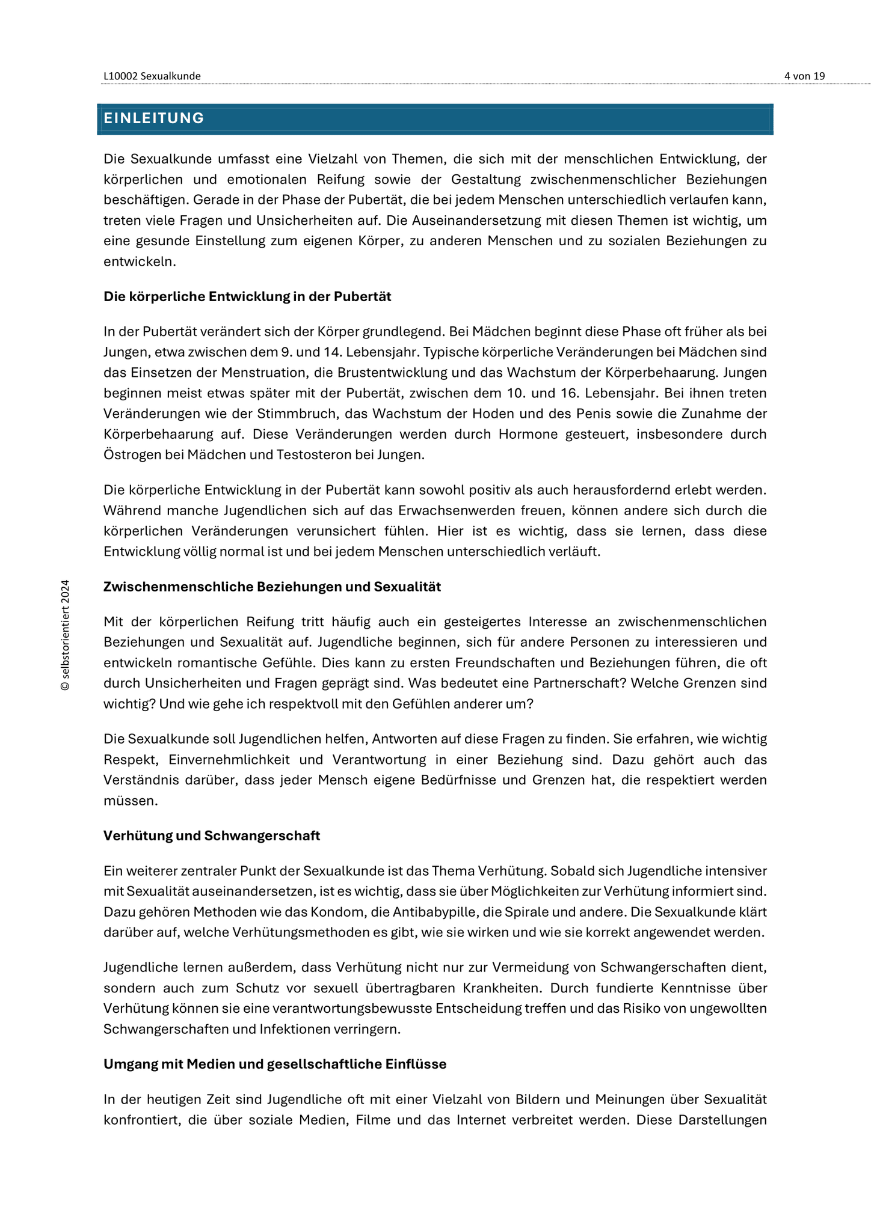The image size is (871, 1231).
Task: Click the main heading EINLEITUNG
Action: click(x=154, y=118)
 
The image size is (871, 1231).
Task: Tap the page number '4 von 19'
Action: click(x=804, y=76)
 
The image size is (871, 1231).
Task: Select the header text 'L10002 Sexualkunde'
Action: click(x=152, y=76)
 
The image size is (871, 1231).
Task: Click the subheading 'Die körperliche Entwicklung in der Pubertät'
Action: click(x=247, y=296)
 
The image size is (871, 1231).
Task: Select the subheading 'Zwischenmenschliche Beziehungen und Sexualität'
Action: click(x=272, y=587)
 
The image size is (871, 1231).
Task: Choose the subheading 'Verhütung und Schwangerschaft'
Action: click(x=212, y=835)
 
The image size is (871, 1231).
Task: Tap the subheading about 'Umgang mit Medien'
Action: click(x=275, y=1064)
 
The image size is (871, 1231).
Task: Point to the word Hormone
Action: click(x=528, y=434)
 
